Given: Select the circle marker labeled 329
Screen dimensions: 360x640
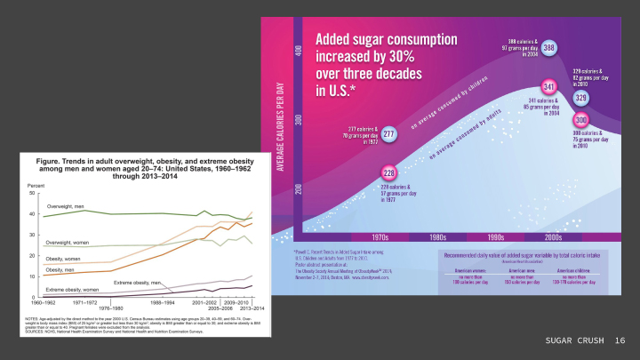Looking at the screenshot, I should coord(580,98).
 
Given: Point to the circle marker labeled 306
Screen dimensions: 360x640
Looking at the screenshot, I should coord(581,120).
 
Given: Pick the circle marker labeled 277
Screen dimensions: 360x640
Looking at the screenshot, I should coord(389,134).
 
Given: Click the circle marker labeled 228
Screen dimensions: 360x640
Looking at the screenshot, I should coord(388,172).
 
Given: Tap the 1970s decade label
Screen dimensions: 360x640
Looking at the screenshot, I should coord(380,237).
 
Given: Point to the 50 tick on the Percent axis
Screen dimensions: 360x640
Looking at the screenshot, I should coord(32,193).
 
